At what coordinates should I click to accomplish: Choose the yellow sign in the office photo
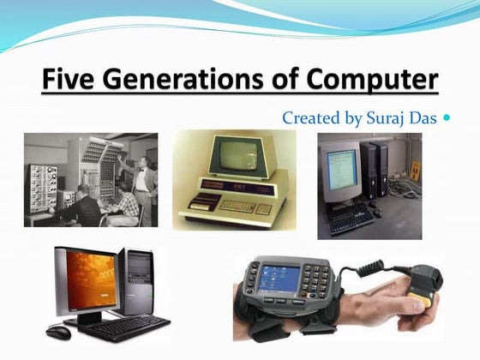click(x=416, y=169)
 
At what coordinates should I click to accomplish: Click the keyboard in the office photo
click(x=352, y=219)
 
